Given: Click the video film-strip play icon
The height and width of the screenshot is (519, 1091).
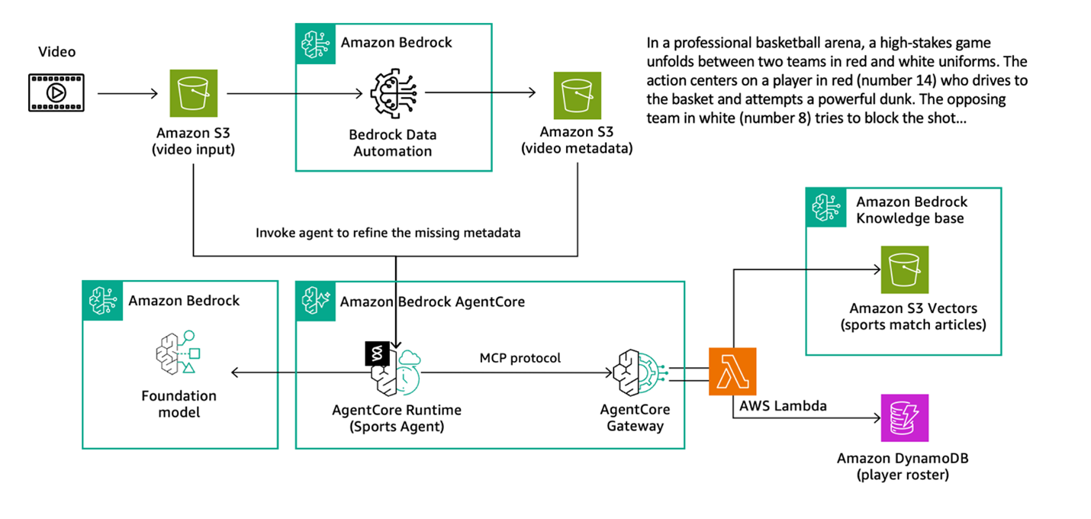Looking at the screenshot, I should [x=56, y=93].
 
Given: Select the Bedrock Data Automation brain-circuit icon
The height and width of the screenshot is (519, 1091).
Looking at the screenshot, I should [x=392, y=94].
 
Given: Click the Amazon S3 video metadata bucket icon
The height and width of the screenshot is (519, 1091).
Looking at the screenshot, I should [x=578, y=95].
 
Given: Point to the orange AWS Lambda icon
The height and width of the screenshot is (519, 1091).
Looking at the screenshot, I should [x=732, y=372].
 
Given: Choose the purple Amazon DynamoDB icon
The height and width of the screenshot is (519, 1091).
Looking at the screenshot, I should [x=904, y=418].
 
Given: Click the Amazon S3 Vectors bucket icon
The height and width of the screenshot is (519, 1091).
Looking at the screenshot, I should [x=904, y=269].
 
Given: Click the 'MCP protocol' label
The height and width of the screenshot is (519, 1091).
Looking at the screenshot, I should [x=520, y=358].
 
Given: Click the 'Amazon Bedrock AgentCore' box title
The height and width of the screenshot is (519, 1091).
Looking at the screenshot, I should [x=432, y=301].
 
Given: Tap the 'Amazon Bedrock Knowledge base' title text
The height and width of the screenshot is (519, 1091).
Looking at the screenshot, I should [x=911, y=210].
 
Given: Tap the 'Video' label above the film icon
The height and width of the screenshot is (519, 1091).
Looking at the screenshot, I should [x=57, y=52].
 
